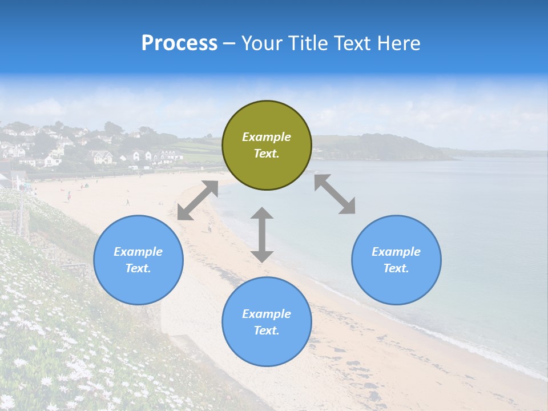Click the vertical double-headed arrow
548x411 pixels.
tap(262, 235)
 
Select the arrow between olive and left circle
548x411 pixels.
tap(198, 200)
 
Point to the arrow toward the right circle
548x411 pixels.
tap(335, 194)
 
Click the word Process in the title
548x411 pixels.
tap(179, 43)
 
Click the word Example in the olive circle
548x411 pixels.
tap(267, 137)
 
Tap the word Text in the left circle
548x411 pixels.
tap(138, 268)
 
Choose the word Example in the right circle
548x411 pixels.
tap(396, 252)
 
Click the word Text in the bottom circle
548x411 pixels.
tap(267, 331)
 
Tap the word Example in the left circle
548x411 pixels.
tap(138, 252)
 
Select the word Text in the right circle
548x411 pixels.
tap(396, 268)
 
